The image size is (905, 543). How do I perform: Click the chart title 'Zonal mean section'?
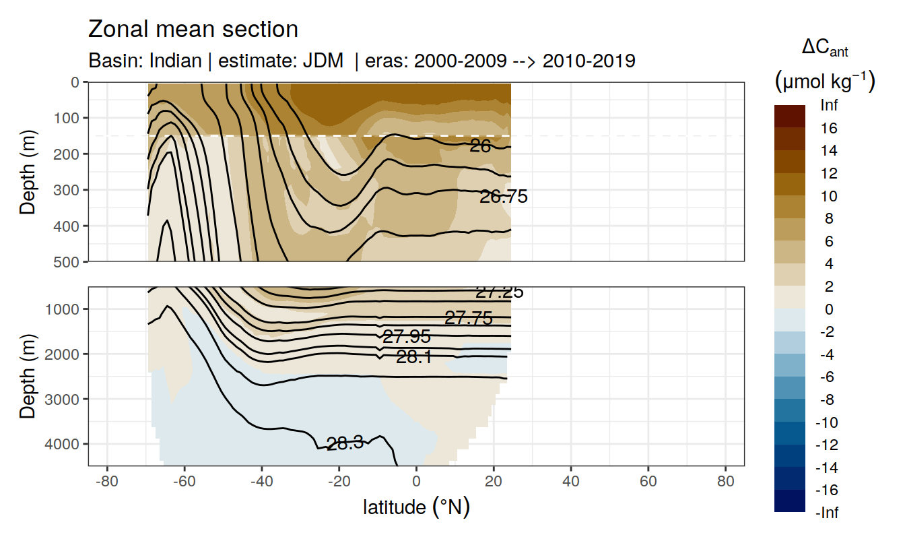click(x=193, y=30)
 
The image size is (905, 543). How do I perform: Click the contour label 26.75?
click(x=503, y=197)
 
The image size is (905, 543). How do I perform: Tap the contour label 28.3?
click(x=345, y=443)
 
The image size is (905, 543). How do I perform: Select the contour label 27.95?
click(x=406, y=337)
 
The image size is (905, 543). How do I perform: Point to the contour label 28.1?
click(x=414, y=357)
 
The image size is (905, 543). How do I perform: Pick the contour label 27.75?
click(x=469, y=318)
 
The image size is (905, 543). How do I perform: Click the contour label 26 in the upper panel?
click(x=480, y=146)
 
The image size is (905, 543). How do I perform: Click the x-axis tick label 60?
click(x=648, y=483)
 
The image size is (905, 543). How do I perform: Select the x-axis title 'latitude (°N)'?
click(x=416, y=507)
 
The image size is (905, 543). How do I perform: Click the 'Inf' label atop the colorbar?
click(x=830, y=105)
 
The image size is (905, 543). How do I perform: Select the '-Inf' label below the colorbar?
click(x=828, y=513)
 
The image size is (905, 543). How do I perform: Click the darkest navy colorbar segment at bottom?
click(x=790, y=501)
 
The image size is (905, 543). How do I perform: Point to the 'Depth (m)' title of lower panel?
click(x=28, y=376)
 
